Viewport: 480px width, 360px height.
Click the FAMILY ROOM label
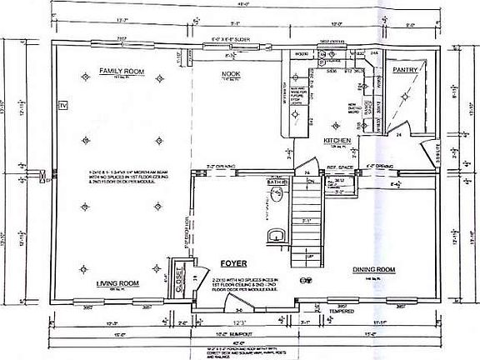tap(122, 72)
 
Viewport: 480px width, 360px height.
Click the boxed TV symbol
tap(61, 106)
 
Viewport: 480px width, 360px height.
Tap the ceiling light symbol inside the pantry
tap(405, 97)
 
